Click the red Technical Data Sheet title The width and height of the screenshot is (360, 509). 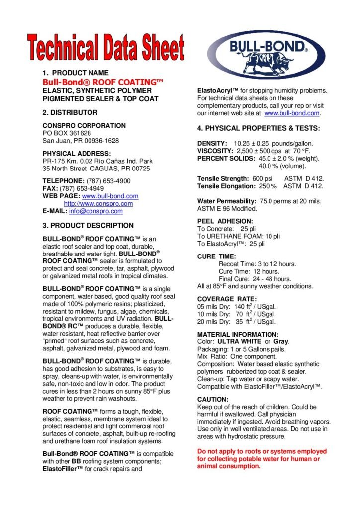(x=106, y=48)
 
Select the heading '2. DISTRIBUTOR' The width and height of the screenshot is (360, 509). (x=70, y=112)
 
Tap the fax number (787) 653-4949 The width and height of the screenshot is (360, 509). (x=82, y=189)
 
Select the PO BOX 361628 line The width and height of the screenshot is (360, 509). (x=67, y=133)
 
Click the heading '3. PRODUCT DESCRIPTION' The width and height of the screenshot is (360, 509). (x=88, y=225)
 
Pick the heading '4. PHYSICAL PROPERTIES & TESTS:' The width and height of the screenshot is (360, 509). (x=259, y=128)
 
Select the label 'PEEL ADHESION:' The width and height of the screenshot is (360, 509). (x=225, y=221)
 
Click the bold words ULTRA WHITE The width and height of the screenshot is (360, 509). (x=239, y=342)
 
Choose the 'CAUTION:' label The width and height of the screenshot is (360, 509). (x=213, y=399)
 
